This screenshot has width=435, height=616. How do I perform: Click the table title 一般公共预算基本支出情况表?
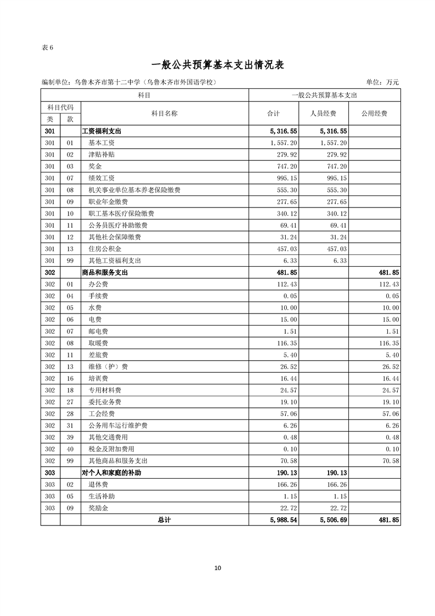217,65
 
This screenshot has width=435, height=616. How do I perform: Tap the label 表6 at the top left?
48,47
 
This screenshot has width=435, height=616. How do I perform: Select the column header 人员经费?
323,114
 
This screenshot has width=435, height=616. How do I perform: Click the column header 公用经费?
374,114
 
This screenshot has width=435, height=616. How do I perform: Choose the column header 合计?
273,114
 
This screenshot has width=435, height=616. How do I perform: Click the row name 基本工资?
101,143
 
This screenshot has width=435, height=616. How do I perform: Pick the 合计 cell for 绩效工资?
287,178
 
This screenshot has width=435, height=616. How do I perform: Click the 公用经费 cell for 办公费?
387,284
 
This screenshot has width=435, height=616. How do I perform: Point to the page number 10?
217,568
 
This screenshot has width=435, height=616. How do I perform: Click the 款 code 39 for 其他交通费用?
70,438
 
